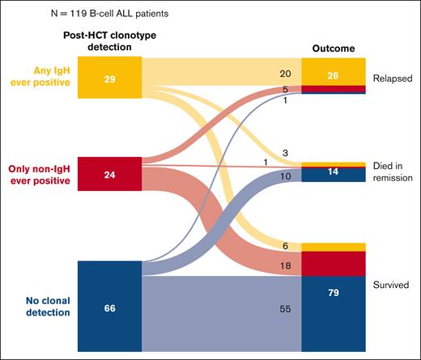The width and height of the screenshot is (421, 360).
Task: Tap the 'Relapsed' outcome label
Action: (393, 78)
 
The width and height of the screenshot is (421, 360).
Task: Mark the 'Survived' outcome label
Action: (393, 286)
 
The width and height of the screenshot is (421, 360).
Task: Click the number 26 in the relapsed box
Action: (334, 75)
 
